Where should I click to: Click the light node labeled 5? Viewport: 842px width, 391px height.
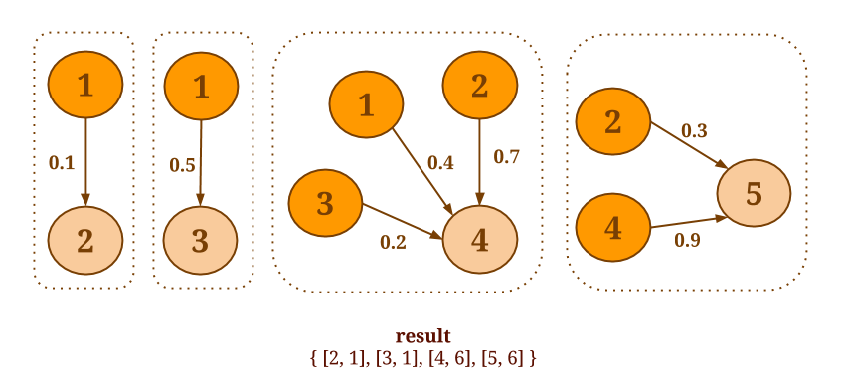click(754, 193)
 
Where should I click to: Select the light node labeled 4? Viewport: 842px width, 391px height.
click(480, 240)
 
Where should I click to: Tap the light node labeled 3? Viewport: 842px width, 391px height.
click(200, 240)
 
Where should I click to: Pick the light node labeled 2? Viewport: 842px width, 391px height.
click(85, 240)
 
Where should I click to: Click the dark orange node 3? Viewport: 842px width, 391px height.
click(326, 203)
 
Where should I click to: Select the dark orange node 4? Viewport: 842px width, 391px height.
click(612, 228)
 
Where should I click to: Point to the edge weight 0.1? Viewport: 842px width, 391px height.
click(62, 163)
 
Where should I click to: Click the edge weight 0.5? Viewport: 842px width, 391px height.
click(182, 165)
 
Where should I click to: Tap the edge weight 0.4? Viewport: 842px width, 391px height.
click(440, 163)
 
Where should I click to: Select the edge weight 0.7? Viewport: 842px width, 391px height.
click(507, 157)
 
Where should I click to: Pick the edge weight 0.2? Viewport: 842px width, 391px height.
click(393, 243)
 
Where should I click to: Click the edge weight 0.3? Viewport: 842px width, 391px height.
click(694, 130)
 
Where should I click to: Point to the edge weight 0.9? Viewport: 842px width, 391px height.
click(687, 241)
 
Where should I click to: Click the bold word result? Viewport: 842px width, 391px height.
click(423, 336)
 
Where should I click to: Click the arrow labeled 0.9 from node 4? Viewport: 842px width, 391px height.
click(688, 222)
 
